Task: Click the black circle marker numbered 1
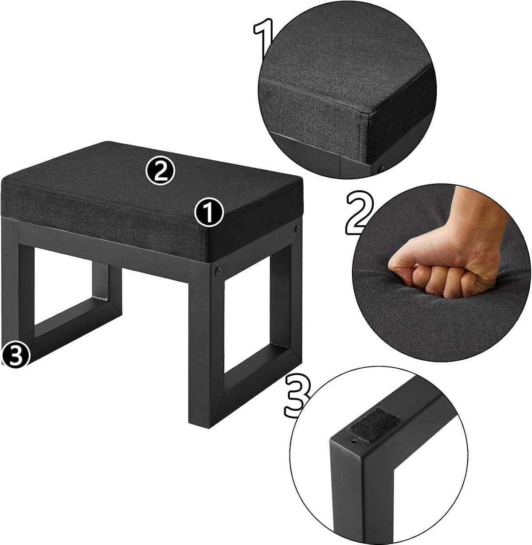tap(209, 212)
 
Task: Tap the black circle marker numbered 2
tap(160, 170)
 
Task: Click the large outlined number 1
tap(263, 39)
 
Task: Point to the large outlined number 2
tap(360, 212)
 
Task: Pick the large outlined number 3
tap(297, 396)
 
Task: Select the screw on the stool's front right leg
tap(218, 271)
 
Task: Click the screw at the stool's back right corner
tap(297, 230)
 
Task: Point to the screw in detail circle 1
tap(381, 169)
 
